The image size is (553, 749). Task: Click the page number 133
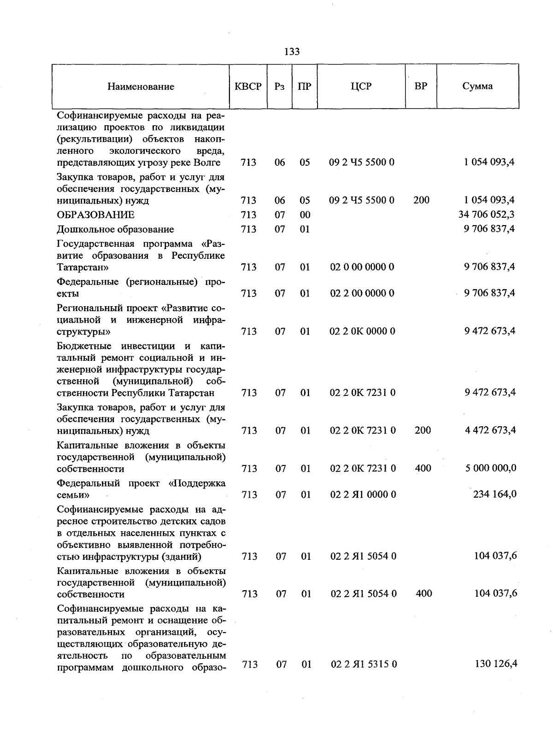[x=292, y=52]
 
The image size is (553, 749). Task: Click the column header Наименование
[x=141, y=87]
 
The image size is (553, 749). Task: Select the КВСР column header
[x=248, y=87]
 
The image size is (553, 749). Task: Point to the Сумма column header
[x=477, y=86]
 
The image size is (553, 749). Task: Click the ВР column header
[x=421, y=86]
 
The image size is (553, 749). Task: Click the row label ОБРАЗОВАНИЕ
[x=95, y=215]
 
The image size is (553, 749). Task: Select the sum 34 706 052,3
[x=487, y=214]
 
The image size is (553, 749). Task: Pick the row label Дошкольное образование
[x=115, y=229]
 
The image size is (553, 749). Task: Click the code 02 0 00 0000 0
[x=362, y=267]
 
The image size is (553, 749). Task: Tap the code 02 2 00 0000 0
[x=362, y=293]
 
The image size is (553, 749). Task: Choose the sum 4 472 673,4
[x=490, y=430]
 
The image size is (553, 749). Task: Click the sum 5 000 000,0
[x=490, y=468]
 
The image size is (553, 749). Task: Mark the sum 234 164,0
[x=494, y=494]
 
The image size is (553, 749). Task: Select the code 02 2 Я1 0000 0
[x=363, y=495]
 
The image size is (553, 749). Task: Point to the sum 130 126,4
[x=496, y=664]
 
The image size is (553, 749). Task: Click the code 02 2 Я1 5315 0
[x=364, y=664]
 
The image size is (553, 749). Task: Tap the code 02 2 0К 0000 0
[x=363, y=331]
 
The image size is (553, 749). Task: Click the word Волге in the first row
[x=207, y=163]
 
